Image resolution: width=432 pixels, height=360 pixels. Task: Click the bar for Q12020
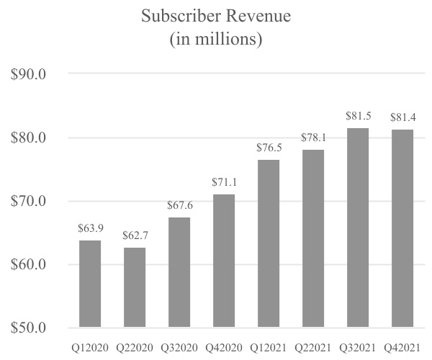pos(91,284)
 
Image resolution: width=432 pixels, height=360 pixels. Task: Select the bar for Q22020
pos(135,287)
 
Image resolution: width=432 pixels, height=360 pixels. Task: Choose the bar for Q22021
pos(313,238)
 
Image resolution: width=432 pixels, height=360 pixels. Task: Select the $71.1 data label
pos(224,184)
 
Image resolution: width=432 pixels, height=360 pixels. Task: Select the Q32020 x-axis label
pos(180,347)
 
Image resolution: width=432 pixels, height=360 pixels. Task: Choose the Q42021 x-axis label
pos(402,347)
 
